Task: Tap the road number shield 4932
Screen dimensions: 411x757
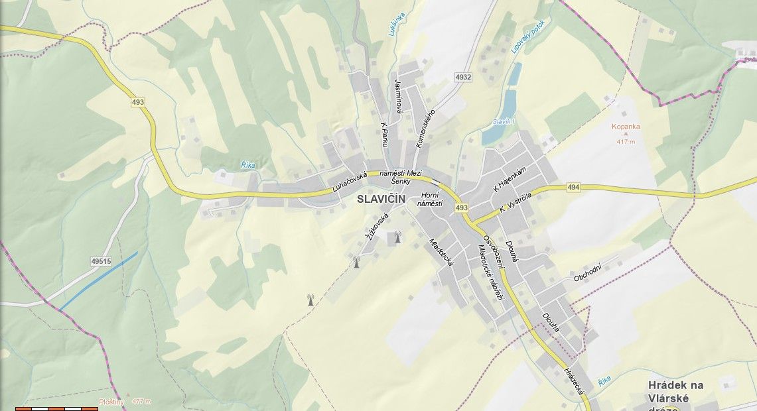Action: click(463, 78)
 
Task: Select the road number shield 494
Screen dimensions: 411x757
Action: click(574, 188)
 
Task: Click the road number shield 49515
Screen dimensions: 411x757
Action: click(101, 262)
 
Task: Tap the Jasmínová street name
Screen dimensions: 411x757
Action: click(398, 97)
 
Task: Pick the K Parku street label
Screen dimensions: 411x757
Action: click(384, 134)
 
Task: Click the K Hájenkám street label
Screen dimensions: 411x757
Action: click(510, 180)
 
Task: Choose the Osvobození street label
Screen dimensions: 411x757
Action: click(494, 253)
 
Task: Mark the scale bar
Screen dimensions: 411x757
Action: click(56, 408)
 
